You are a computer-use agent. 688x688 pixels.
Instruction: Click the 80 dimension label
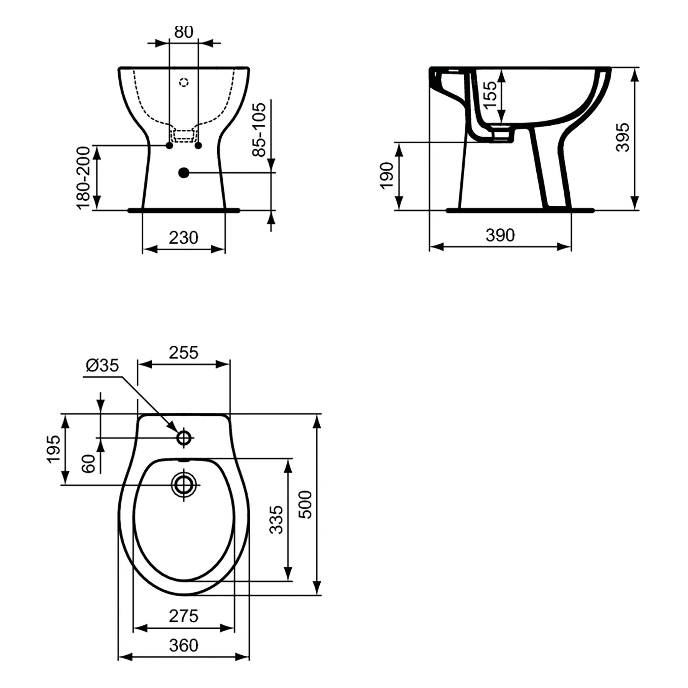[x=184, y=32]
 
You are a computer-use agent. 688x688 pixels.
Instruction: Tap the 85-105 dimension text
[x=259, y=130]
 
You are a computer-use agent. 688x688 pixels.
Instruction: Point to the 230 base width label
[x=184, y=237]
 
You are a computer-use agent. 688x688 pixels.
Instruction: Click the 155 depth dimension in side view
[x=490, y=95]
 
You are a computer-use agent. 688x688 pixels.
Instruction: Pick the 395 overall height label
[x=623, y=137]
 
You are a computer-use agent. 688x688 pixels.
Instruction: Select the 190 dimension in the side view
[x=387, y=176]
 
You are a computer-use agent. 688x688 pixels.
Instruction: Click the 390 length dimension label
[x=500, y=235]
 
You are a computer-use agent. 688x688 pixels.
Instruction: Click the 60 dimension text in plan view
[x=89, y=464]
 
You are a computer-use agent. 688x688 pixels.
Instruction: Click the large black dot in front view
[x=184, y=173]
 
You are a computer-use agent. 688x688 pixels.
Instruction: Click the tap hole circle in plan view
[x=184, y=438]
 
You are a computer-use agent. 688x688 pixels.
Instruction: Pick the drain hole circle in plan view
[x=184, y=485]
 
